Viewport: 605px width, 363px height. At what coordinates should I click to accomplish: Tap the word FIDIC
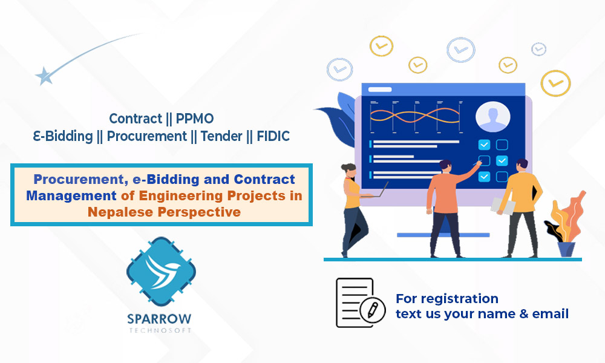tap(273, 136)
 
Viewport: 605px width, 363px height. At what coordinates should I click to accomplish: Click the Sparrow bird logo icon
tap(162, 273)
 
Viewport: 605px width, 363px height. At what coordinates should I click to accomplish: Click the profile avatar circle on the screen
tap(492, 116)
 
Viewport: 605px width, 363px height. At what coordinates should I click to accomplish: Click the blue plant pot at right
tap(566, 249)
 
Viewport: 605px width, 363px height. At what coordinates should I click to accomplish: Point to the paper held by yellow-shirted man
tap(502, 206)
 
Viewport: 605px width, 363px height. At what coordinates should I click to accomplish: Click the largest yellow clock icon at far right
tap(555, 83)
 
